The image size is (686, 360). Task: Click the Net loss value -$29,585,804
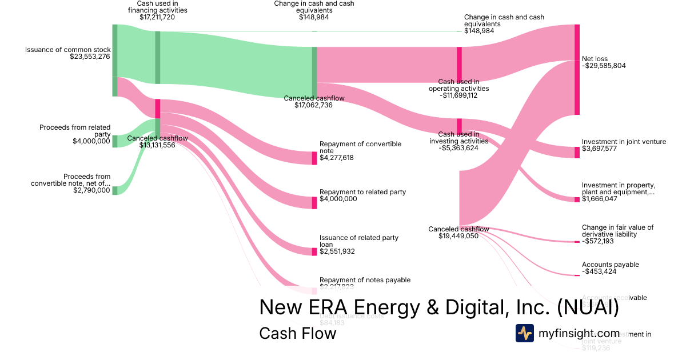click(604, 66)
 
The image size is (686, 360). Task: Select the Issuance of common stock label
click(67, 50)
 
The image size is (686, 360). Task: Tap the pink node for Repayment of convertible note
click(314, 158)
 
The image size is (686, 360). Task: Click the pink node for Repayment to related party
click(314, 202)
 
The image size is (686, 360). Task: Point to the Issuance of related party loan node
click(314, 251)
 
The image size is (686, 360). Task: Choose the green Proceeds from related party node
click(115, 141)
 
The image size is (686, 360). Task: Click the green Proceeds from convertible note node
click(115, 190)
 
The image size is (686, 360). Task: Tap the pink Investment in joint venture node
click(577, 152)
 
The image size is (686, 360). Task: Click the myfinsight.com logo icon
click(525, 333)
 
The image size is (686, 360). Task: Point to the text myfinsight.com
click(579, 333)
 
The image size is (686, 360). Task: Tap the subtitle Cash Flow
click(297, 333)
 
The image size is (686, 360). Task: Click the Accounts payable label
click(610, 265)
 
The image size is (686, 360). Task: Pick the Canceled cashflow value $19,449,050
click(458, 236)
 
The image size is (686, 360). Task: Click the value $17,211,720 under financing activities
click(157, 17)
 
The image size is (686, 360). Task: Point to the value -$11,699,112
click(458, 95)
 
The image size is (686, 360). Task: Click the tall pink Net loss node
click(577, 70)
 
